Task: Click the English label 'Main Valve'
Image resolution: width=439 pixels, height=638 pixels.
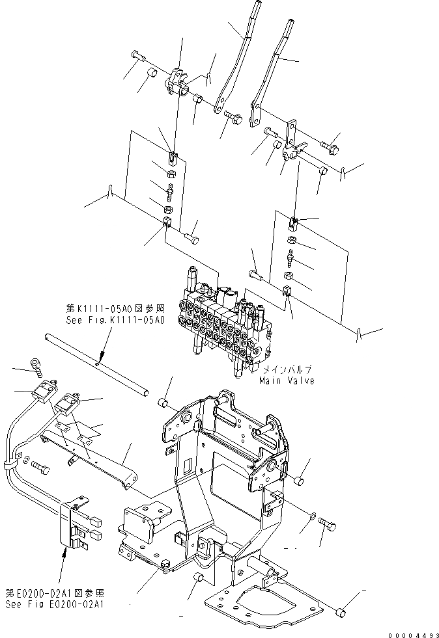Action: click(x=287, y=380)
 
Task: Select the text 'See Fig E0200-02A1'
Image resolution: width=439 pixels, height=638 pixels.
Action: click(x=53, y=604)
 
